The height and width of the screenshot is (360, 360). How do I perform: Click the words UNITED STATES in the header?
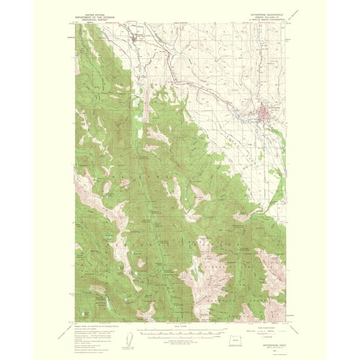pos(97,12)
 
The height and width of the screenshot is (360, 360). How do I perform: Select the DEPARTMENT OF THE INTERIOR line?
pos(97,16)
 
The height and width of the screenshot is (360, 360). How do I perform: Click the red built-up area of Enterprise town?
pos(263,112)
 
